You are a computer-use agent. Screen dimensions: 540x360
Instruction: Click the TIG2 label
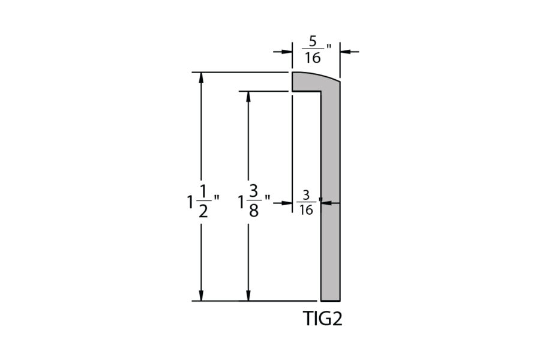[323, 319]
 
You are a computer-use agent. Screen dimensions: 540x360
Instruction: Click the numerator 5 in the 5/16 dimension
[313, 41]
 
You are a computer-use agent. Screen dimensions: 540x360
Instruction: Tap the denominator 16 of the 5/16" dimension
[313, 58]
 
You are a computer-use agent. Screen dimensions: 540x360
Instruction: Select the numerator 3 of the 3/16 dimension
[306, 196]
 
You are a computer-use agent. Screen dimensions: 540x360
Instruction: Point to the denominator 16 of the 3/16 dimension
[306, 210]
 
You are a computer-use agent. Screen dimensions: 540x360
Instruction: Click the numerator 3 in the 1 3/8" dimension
[254, 191]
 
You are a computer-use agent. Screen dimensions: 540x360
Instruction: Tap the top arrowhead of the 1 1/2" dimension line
[201, 78]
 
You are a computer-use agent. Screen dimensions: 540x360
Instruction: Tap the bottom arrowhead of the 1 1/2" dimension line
[201, 295]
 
